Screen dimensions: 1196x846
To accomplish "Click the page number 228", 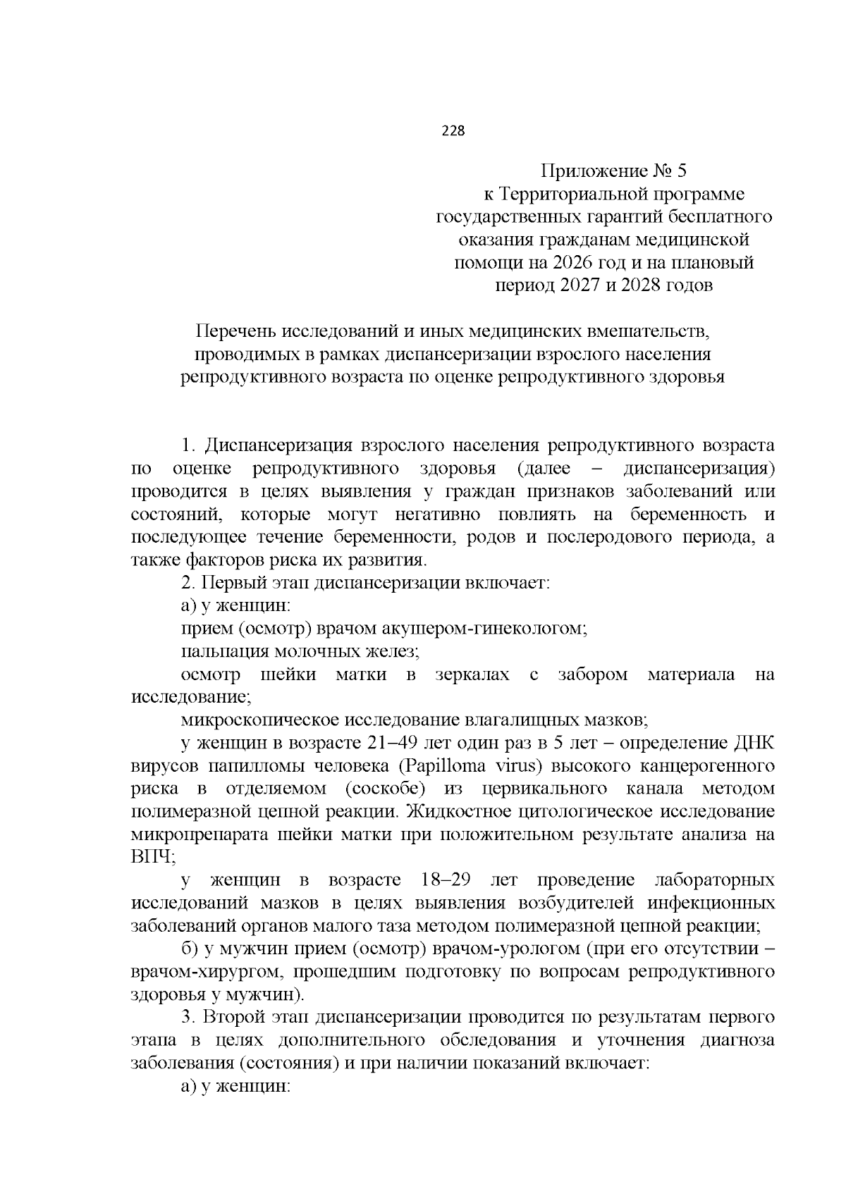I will pyautogui.click(x=453, y=131).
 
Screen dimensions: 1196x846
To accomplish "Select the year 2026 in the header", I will pyautogui.click(x=574, y=263).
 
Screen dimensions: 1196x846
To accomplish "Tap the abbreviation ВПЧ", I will pyautogui.click(x=150, y=857).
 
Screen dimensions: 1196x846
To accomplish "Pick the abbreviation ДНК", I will pyautogui.click(x=753, y=743).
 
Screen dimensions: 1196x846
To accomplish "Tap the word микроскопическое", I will pyautogui.click(x=259, y=720).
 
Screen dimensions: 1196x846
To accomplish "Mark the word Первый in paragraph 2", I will pyautogui.click(x=232, y=583).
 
